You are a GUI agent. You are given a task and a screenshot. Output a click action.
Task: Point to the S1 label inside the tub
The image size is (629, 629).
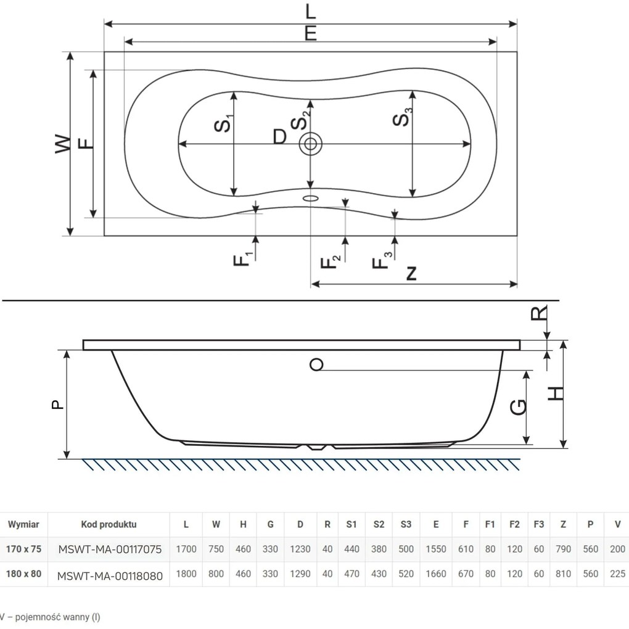224,123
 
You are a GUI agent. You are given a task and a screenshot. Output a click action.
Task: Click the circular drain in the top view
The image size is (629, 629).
310,144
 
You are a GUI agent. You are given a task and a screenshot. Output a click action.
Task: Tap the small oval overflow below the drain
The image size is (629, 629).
310,199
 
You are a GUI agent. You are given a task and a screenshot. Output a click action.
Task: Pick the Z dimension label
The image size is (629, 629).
411,273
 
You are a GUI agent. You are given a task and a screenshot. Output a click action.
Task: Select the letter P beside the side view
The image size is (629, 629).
56,405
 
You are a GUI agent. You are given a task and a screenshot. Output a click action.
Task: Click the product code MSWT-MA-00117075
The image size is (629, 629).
110,549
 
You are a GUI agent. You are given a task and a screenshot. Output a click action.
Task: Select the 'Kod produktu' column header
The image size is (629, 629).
109,525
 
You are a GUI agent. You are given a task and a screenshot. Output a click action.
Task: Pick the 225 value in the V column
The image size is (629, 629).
617,573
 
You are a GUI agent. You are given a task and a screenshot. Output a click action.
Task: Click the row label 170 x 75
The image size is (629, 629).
24,549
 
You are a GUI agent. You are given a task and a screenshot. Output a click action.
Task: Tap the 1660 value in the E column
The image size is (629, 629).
436,573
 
